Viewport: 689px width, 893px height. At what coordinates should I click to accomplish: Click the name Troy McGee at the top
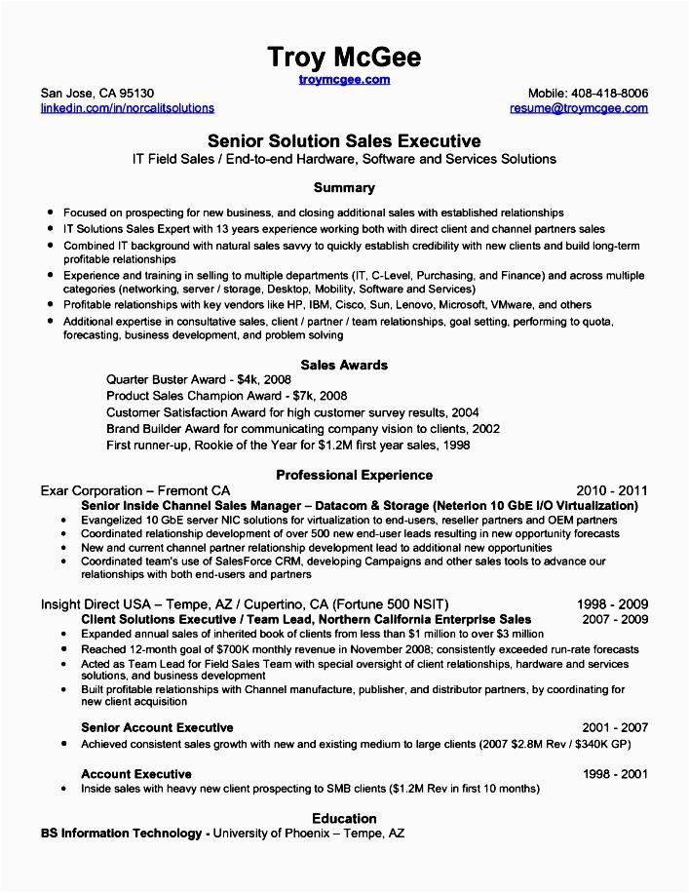coord(344,58)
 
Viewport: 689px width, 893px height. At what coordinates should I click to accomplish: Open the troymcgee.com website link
coord(344,80)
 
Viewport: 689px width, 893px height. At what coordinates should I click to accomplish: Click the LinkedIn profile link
coord(127,108)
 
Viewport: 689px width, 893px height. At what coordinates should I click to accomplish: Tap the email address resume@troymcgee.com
coord(578,108)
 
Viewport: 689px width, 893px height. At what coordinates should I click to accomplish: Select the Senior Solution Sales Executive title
coord(344,141)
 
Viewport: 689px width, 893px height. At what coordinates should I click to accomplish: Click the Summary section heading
coord(344,187)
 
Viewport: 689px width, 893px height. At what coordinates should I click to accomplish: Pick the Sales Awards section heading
coord(344,365)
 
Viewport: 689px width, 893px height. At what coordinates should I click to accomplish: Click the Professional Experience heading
coord(354,475)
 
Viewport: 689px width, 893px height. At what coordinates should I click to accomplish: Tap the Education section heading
coord(344,818)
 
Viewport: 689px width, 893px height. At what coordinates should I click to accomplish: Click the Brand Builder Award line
coord(302,428)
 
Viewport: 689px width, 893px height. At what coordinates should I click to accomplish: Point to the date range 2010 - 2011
coord(612,490)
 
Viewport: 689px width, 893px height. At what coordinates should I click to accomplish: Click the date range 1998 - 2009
coord(612,603)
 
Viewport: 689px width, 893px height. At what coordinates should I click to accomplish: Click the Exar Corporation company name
coord(99,490)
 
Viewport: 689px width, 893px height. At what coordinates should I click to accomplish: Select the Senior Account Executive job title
coord(157,727)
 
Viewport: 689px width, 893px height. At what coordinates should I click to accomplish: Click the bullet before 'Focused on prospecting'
coord(48,213)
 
